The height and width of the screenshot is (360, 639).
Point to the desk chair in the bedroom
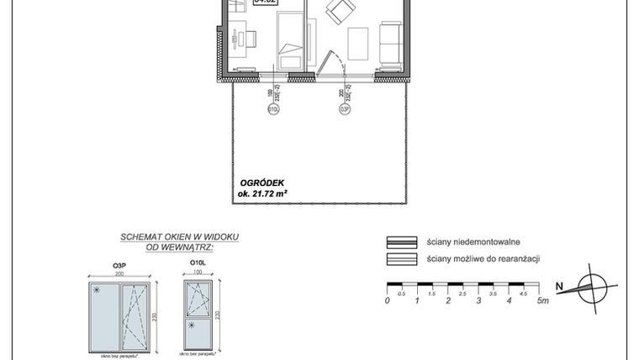250,37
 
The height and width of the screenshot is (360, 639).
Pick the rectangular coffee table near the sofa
358,44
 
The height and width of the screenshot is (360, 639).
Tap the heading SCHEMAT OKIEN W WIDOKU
179,237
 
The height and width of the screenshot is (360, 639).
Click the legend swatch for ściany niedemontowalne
401,241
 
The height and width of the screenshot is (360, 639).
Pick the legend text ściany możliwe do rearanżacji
483,259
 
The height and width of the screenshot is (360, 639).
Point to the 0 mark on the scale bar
388,300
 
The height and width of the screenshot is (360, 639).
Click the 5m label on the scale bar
543,300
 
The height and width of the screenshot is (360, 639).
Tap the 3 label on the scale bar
479,300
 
